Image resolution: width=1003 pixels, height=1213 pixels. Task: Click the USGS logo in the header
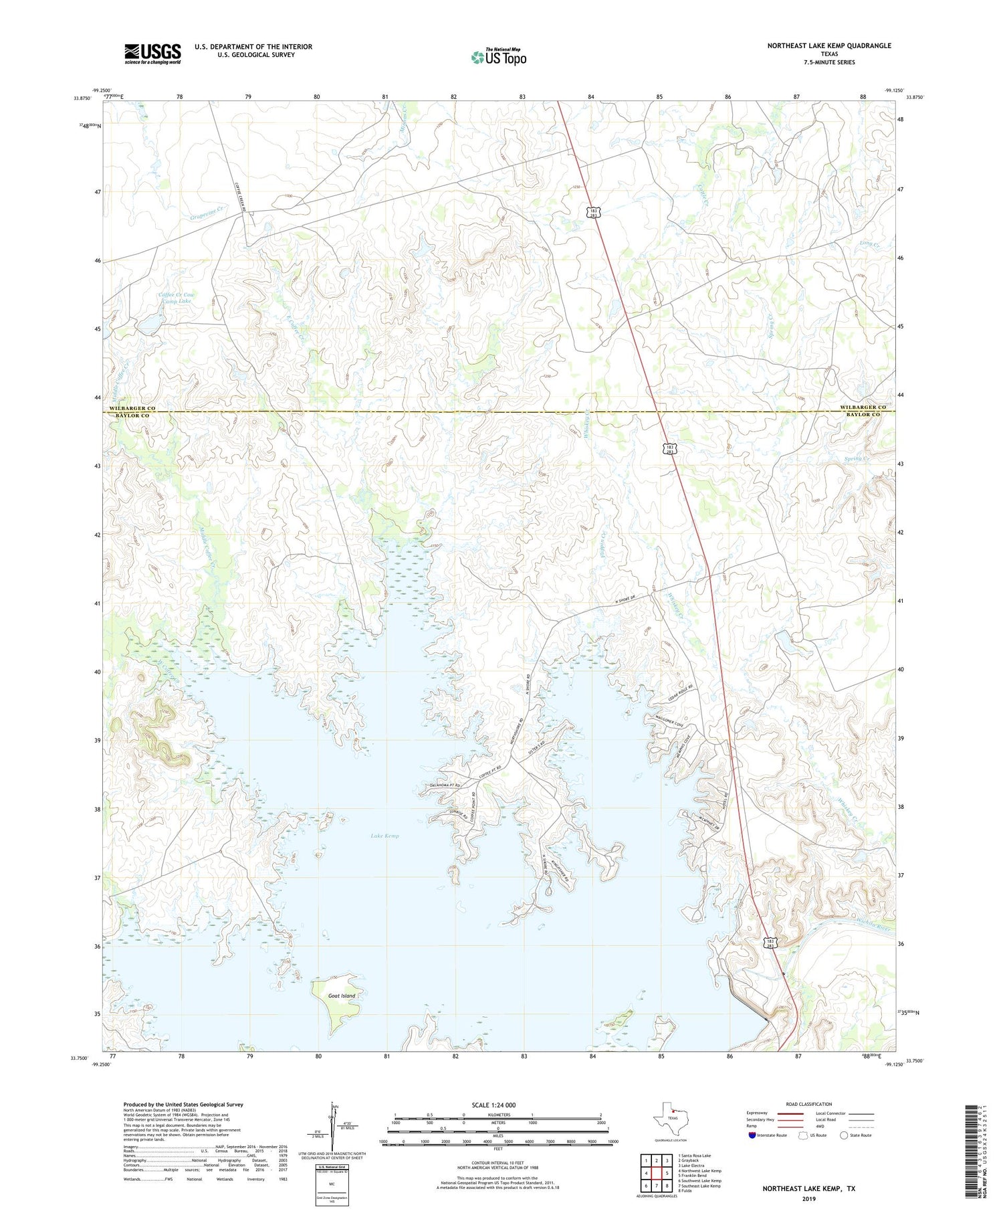(152, 54)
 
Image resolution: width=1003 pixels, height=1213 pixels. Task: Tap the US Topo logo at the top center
(498, 57)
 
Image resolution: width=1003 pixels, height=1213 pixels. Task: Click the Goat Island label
(342, 996)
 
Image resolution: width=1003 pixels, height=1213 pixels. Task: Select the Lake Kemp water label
(384, 836)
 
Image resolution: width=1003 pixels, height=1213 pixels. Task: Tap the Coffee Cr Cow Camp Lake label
(176, 298)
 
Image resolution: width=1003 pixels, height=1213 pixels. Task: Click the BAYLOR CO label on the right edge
(863, 415)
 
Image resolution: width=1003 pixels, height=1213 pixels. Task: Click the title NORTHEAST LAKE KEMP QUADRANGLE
(829, 45)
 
